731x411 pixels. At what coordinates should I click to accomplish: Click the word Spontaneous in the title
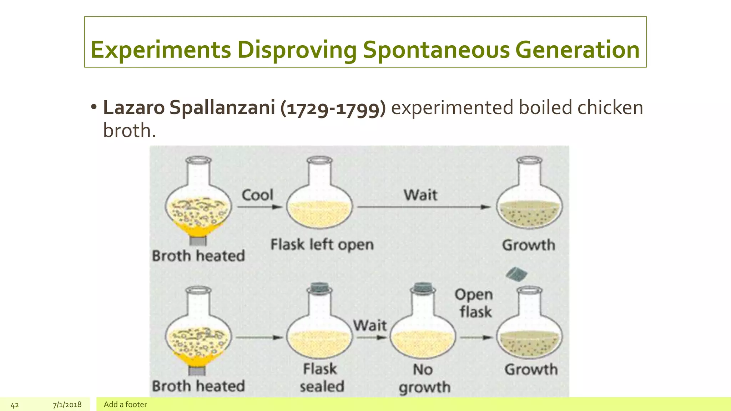coord(436,50)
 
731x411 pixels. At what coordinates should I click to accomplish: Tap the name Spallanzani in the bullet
coord(222,107)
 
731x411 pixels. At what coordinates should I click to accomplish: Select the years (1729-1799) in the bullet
coord(333,108)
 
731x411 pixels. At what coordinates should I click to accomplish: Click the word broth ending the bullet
coord(129,130)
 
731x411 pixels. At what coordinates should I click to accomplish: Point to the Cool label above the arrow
coord(257,195)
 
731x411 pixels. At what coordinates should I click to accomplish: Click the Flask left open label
coord(322,245)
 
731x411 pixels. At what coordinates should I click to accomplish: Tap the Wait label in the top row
coord(420,195)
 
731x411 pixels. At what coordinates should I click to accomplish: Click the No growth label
coord(424,378)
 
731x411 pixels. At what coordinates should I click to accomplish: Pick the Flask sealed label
coord(321,377)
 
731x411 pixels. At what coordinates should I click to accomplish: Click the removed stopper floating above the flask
coord(516,274)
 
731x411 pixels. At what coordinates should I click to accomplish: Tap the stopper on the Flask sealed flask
coord(319,287)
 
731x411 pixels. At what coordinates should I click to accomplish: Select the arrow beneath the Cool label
coord(259,207)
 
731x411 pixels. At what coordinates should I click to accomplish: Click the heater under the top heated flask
coord(198,241)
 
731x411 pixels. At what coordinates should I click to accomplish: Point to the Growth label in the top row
coord(529,245)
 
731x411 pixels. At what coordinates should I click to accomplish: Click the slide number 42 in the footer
coord(15,405)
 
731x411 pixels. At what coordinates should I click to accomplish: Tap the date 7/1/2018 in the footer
coord(67,405)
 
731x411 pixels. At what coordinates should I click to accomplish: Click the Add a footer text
coord(125,405)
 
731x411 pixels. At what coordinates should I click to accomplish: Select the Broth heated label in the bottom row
coord(198,386)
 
